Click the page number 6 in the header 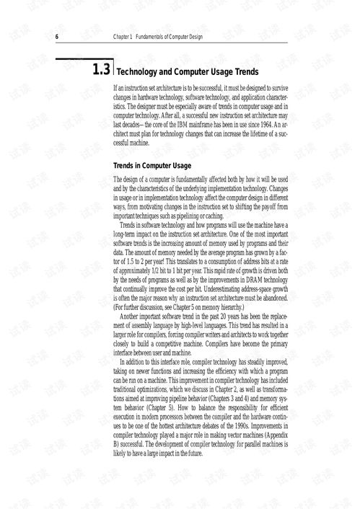point(57,37)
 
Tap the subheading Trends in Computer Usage point(152,166)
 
